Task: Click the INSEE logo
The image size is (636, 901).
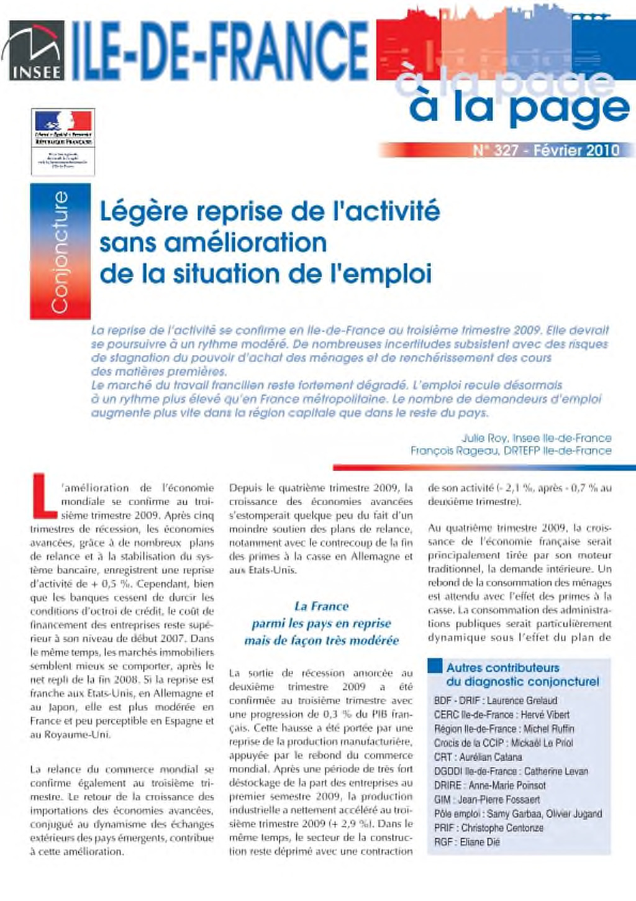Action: click(35, 51)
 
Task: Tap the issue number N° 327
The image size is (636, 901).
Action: click(495, 150)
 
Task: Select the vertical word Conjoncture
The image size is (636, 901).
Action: click(60, 252)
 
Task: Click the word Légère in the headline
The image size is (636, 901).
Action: click(144, 212)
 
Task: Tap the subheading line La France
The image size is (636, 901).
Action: click(321, 606)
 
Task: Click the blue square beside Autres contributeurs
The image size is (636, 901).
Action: click(435, 667)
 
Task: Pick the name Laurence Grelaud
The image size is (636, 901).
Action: click(522, 700)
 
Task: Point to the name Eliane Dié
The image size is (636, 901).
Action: click(479, 842)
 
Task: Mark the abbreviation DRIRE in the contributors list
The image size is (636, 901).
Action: click(447, 785)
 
